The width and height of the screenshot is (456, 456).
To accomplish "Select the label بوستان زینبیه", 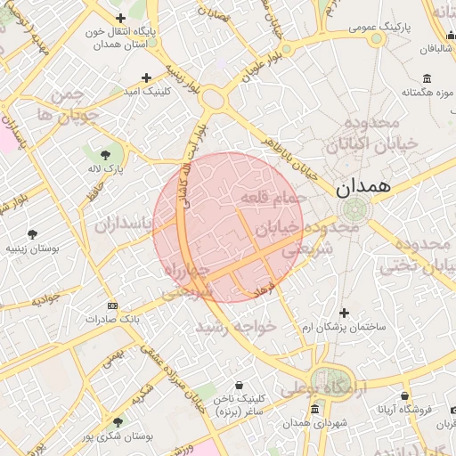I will pyautogui.click(x=30, y=249).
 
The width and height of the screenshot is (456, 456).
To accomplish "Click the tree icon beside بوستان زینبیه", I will pyautogui.click(x=32, y=235).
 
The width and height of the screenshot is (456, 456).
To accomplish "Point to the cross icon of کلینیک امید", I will pyautogui.click(x=147, y=77).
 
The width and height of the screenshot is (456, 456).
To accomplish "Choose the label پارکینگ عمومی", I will pyautogui.click(x=376, y=28).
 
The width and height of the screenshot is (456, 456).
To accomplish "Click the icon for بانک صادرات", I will pyautogui.click(x=111, y=305).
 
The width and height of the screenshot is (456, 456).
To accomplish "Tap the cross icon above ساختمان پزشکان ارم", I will pyautogui.click(x=344, y=313).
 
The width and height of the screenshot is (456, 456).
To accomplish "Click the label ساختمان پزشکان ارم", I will pyautogui.click(x=344, y=328).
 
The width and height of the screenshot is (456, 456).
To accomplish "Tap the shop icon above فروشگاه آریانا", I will pyautogui.click(x=404, y=395).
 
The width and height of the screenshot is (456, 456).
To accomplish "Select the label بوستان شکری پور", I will pyautogui.click(x=118, y=436).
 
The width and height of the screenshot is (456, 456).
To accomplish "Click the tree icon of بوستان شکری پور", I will pyautogui.click(x=118, y=422).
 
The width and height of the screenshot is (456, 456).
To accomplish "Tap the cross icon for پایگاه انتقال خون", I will pyautogui.click(x=120, y=17).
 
